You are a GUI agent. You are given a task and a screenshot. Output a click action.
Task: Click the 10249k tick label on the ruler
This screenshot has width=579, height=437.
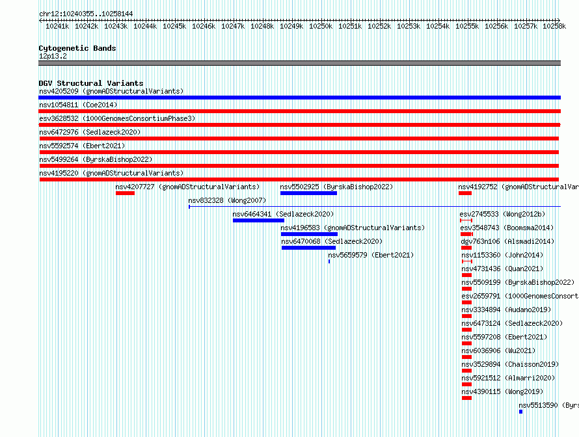pos(291,26)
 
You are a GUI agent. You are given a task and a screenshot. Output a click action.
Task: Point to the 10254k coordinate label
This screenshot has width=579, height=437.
pos(438,26)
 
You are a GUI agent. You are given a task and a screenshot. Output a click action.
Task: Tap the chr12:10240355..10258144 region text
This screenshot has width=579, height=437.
pos(85,14)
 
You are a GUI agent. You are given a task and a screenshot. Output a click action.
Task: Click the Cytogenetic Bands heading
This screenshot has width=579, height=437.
pos(77,48)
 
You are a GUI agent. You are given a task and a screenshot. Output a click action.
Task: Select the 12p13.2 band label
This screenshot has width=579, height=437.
pos(53,56)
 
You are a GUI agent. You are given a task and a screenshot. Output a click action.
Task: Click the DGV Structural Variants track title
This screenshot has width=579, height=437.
pos(90,83)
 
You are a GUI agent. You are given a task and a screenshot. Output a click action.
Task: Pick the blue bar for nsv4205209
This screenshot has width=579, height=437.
pos(299,98)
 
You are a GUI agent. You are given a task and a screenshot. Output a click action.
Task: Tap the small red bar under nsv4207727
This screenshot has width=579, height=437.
pos(125,193)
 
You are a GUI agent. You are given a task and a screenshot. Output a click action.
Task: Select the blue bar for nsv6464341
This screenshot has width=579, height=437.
pos(258,220)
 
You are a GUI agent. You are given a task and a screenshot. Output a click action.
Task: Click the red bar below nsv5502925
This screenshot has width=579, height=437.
pos(308,193)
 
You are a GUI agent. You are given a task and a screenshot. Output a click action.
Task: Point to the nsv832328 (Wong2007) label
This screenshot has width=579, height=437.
pos(227,200)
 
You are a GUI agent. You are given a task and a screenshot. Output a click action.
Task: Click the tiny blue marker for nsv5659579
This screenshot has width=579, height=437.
pos(329,261)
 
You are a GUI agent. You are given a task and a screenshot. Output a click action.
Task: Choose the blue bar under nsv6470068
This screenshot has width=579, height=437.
pos(308,248)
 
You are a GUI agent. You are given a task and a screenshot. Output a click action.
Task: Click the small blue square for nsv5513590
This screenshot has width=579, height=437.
pos(521,412)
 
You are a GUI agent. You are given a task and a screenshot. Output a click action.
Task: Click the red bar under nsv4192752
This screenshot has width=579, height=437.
pos(465,193)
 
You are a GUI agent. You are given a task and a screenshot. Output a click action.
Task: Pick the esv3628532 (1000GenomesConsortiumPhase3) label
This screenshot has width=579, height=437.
pos(117,118)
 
